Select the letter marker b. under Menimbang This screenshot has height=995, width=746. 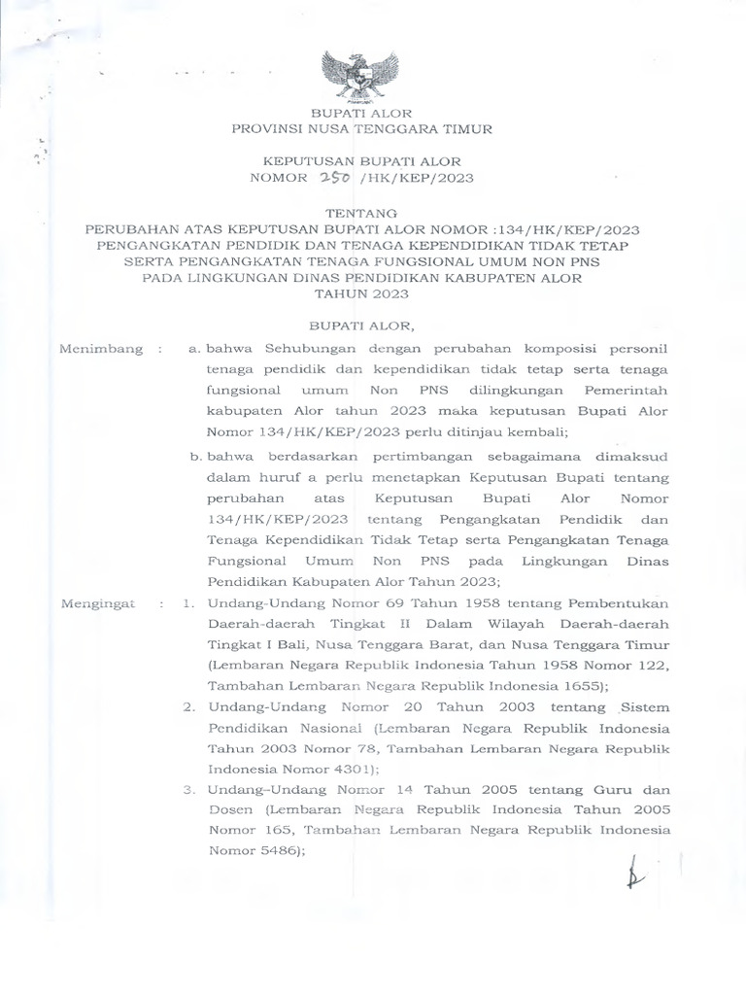click(195, 454)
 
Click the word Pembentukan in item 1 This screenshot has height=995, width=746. click(624, 603)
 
